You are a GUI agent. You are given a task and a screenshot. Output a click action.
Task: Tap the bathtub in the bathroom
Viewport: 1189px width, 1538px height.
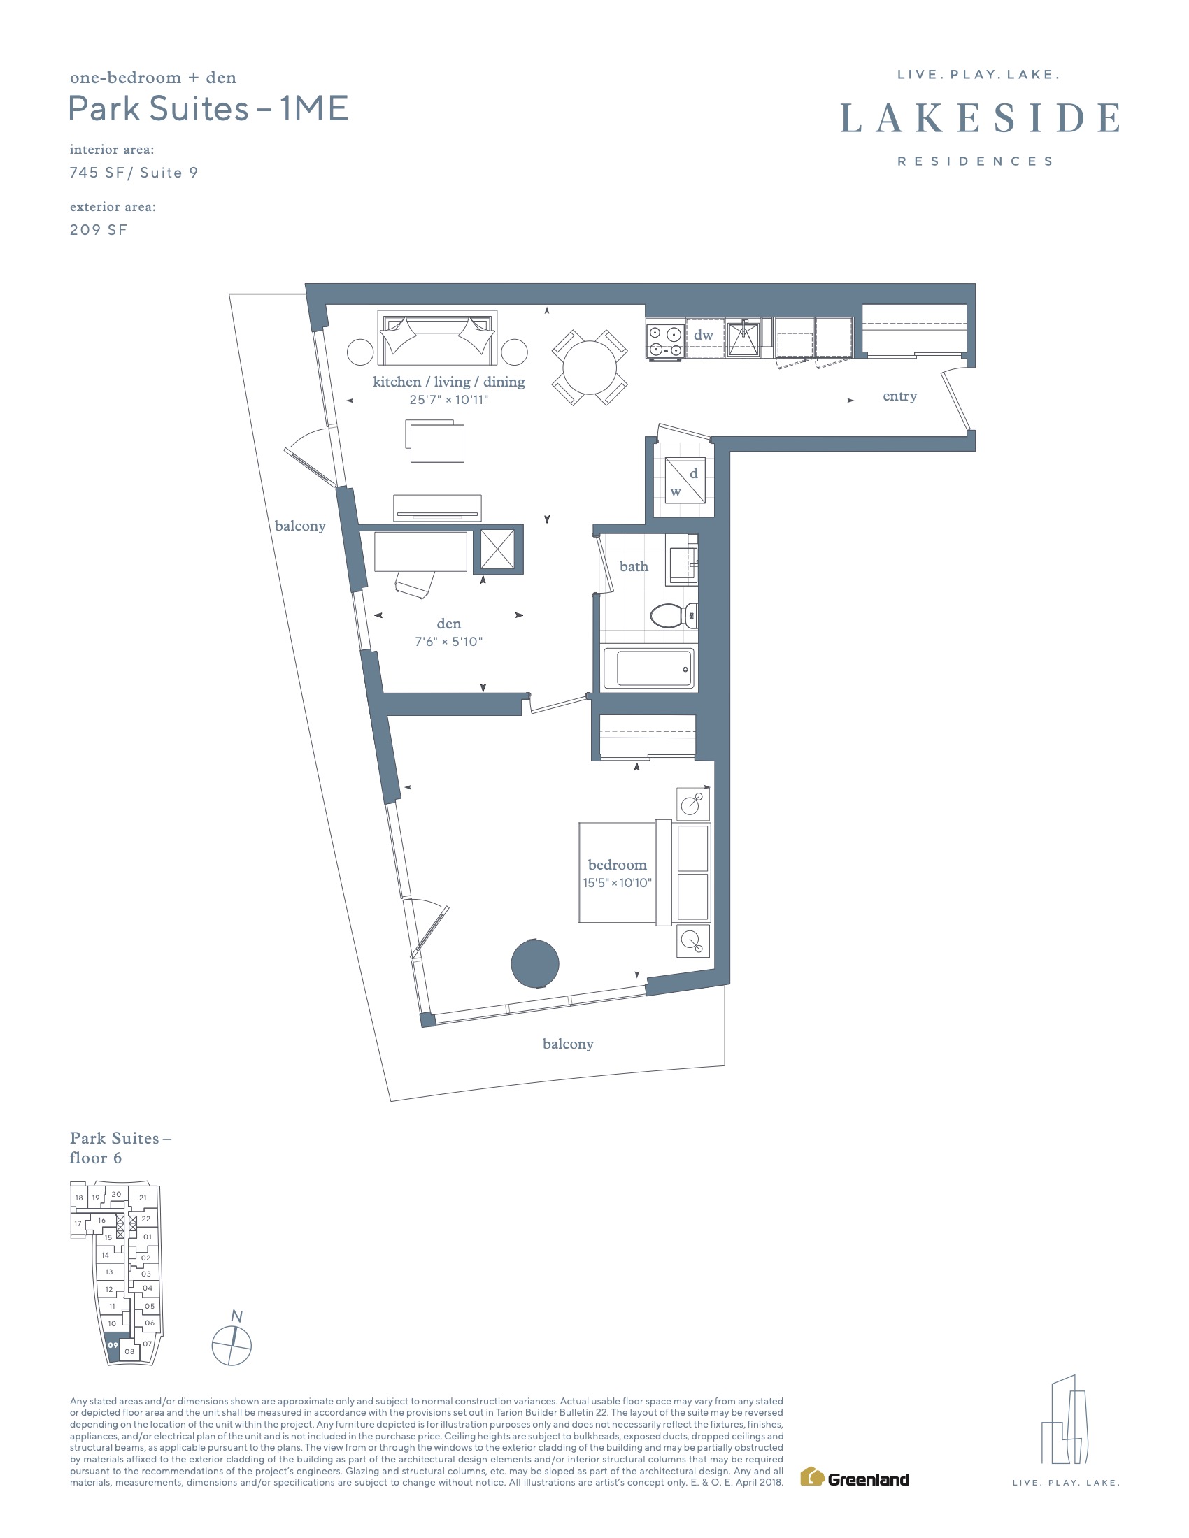[x=648, y=667]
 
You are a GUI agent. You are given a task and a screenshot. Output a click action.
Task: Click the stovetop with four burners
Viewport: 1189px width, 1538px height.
[x=666, y=340]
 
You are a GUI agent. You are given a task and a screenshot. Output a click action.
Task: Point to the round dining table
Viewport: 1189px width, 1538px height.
[x=590, y=367]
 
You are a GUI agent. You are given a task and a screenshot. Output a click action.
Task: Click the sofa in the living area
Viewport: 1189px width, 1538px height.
[x=436, y=338]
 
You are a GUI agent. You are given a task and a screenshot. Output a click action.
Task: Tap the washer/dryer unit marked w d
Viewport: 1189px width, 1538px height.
[x=685, y=480]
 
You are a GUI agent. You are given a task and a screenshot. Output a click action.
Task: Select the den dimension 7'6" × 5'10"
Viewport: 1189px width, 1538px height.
[x=449, y=642]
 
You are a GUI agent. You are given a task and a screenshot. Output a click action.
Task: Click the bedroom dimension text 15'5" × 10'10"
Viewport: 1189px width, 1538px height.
[x=617, y=882]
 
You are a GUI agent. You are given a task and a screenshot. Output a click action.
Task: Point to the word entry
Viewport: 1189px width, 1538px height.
[x=899, y=396]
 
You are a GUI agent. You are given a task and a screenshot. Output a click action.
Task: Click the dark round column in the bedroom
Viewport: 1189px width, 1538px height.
[x=534, y=963]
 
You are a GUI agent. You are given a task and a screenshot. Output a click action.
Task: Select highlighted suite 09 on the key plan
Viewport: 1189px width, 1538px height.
[x=113, y=1344]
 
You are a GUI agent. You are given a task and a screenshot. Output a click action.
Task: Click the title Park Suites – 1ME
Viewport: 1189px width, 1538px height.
[x=208, y=108]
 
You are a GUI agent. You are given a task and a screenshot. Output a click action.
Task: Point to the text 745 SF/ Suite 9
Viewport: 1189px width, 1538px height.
[x=134, y=173]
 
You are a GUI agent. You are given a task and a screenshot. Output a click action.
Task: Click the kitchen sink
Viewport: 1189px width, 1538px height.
[x=743, y=339]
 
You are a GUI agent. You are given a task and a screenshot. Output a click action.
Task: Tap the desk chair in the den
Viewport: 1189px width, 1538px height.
[x=414, y=584]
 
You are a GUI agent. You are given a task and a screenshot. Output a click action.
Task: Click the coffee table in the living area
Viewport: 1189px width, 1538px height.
[x=435, y=441]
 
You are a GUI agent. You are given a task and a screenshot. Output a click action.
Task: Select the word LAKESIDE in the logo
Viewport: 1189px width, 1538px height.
[x=980, y=118]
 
